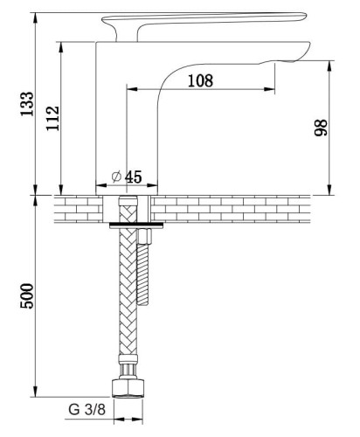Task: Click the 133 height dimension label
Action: click(27, 104)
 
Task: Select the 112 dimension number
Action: click(52, 118)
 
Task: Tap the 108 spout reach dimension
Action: click(200, 80)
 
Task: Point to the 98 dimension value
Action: click(321, 128)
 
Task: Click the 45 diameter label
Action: click(134, 177)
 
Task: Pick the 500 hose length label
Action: click(27, 295)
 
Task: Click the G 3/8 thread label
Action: click(87, 409)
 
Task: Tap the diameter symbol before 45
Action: click(116, 177)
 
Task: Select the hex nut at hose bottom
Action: click(128, 388)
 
